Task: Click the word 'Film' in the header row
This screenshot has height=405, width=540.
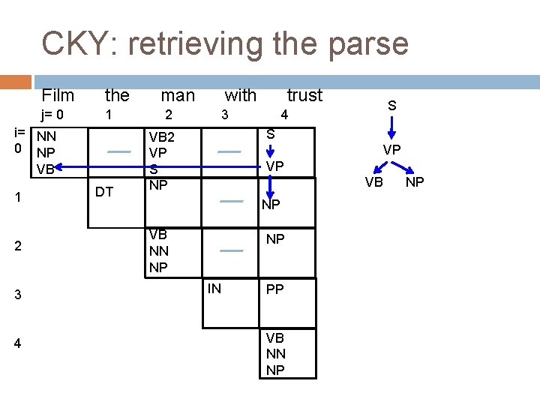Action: coord(58,95)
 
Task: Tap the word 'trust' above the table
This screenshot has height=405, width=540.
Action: coord(304,95)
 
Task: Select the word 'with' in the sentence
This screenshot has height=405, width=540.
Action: coord(240,95)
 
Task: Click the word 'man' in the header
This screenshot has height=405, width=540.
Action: coord(178,95)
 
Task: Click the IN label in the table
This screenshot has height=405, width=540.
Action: coord(214,288)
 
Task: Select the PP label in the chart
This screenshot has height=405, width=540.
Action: coord(275,289)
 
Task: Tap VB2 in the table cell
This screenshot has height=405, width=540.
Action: coord(162,137)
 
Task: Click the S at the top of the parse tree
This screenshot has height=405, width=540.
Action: coord(391,107)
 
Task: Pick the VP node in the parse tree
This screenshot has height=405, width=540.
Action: coord(391,150)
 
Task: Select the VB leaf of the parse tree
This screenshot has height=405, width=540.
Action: coord(374,181)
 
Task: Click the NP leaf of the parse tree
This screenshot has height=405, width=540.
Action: coord(414,181)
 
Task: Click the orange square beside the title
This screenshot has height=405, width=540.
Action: coord(15,82)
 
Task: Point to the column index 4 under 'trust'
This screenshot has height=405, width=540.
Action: coord(283,115)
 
